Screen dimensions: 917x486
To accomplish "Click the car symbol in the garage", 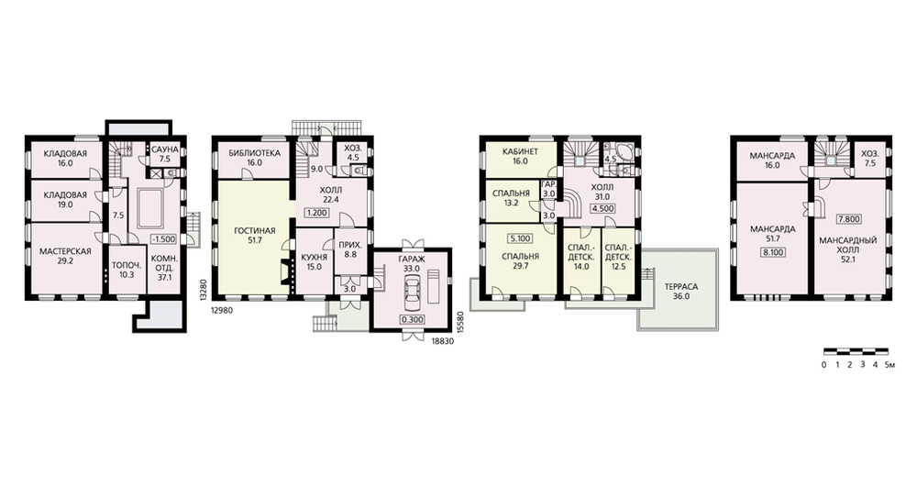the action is [412, 291].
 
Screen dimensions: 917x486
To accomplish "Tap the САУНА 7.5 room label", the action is [165, 154].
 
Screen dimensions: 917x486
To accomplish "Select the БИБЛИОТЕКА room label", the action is [254, 153].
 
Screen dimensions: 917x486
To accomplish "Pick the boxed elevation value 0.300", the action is [413, 319].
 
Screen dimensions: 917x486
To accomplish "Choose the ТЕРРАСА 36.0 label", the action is [681, 292].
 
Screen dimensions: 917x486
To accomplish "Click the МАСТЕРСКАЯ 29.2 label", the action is [65, 256].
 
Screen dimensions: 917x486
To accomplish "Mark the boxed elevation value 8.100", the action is [772, 253].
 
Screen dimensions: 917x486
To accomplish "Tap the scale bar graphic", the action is [856, 351].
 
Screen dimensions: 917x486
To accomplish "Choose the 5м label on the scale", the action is [889, 365].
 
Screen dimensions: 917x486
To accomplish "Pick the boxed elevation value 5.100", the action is [520, 238].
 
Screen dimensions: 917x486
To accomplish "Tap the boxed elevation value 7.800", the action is [848, 219].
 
